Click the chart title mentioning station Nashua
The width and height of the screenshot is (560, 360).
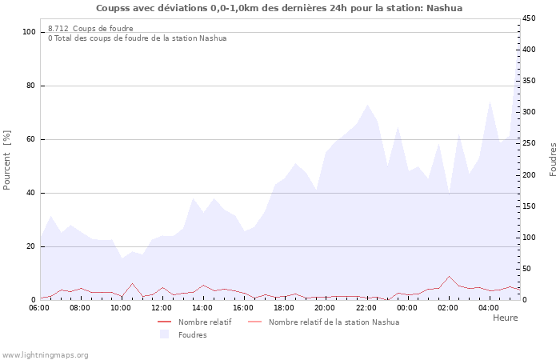tap(279, 8)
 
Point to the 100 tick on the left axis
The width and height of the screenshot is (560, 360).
tap(30, 32)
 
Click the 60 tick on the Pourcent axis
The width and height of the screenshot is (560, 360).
tap(32, 139)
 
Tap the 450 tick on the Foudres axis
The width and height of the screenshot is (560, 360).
tap(530, 18)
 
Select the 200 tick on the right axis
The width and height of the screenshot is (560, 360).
tap(530, 175)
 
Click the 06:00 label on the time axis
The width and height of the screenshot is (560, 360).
tap(39, 307)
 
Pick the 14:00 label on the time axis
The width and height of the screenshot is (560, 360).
tap(202, 307)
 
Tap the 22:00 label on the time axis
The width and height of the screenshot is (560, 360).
tap(366, 307)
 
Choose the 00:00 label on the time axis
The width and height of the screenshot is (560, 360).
tap(406, 307)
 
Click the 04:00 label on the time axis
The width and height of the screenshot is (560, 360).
tap(488, 307)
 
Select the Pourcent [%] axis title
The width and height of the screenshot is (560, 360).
tap(7, 159)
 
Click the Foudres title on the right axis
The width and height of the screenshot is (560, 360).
tap(553, 159)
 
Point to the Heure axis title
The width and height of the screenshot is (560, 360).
tap(505, 318)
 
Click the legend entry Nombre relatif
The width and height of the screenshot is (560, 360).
tap(205, 322)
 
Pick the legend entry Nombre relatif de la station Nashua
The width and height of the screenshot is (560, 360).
tap(334, 322)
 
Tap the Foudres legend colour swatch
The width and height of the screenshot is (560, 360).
tap(165, 334)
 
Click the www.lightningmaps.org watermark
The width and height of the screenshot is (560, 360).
tap(46, 354)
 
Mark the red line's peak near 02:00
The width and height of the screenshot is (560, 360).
tap(449, 276)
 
